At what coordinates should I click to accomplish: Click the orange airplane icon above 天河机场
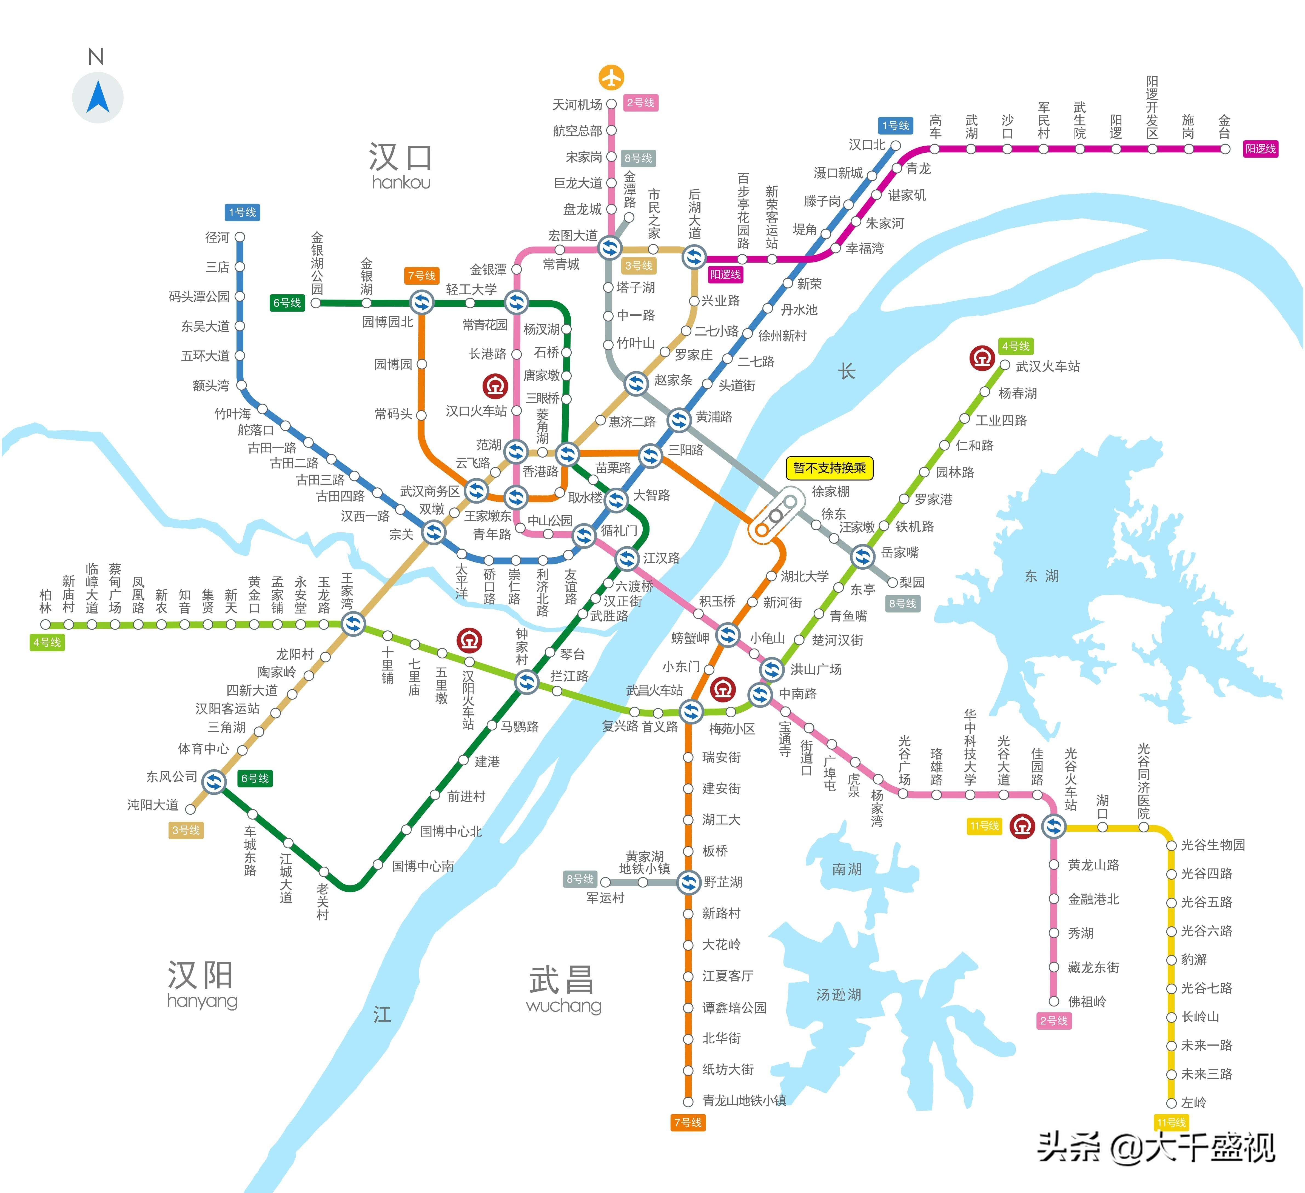click(611, 77)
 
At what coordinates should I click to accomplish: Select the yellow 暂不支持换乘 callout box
click(829, 468)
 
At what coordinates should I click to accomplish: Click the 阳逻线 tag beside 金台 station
click(1260, 149)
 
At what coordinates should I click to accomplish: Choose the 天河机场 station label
click(577, 104)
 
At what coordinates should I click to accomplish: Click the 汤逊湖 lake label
click(838, 994)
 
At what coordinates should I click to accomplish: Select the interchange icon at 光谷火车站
click(1054, 827)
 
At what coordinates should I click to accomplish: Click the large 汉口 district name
click(401, 157)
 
